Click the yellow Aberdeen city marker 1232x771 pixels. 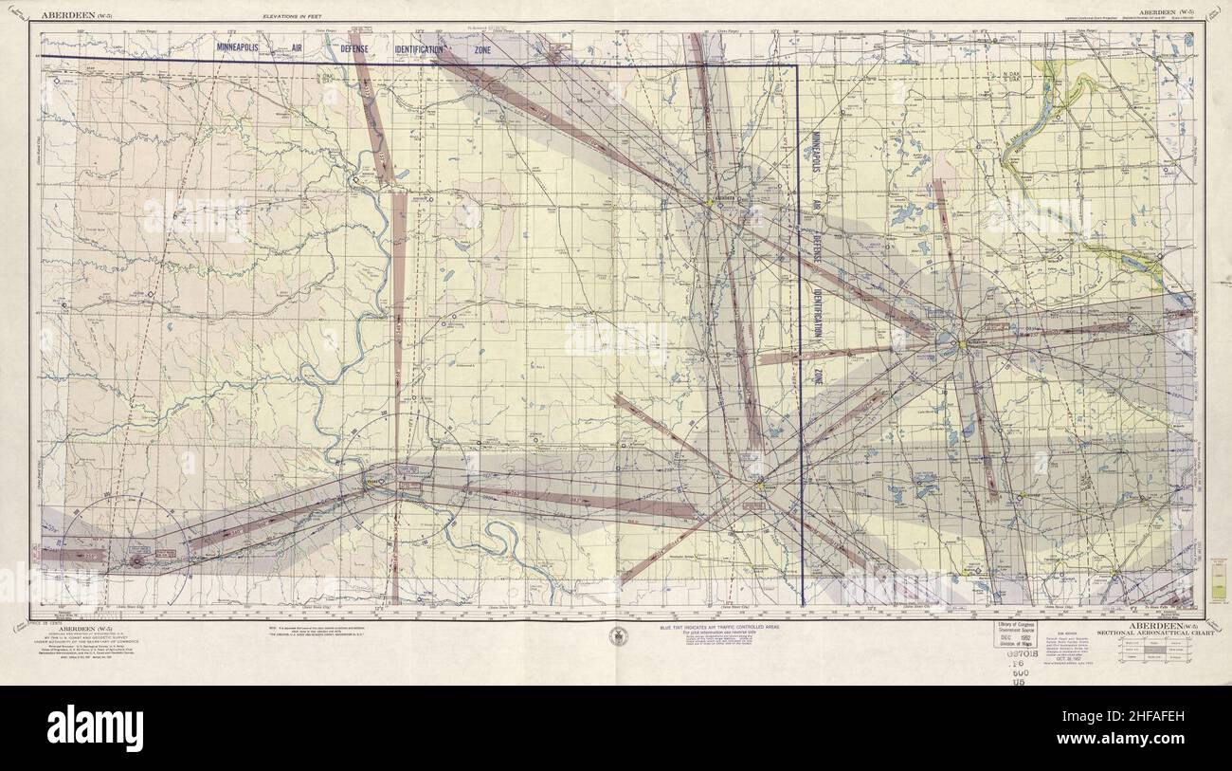pyautogui.click(x=709, y=202)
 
